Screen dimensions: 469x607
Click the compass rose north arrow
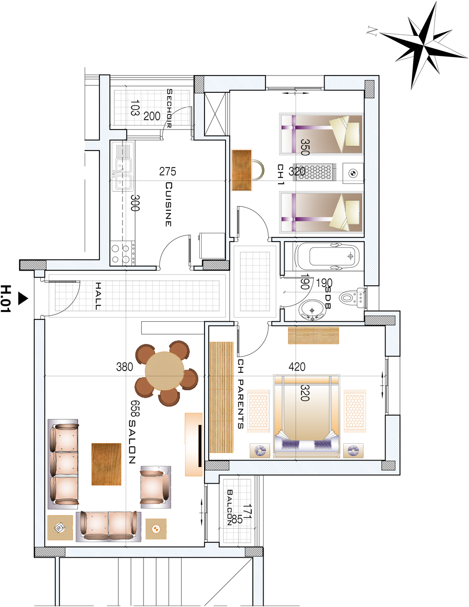tap(424, 45)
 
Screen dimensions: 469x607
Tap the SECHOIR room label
tap(169, 108)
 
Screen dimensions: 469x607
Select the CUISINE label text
tap(168, 204)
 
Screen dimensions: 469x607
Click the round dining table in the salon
tap(165, 371)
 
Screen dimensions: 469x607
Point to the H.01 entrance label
tap(6, 299)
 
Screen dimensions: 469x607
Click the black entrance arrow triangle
tap(23, 298)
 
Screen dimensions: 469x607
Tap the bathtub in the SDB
tap(326, 256)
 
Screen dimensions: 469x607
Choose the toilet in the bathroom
tap(353, 298)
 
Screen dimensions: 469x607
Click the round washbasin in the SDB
tap(312, 310)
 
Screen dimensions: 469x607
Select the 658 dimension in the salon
tap(135, 409)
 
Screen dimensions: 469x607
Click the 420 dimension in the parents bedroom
tap(297, 366)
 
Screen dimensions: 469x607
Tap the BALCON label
tap(229, 507)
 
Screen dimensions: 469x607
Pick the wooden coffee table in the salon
tap(106, 464)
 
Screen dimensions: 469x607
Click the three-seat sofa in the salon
tap(63, 464)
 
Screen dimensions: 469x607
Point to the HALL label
tap(98, 296)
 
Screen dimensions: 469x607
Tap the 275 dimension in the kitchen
tap(167, 172)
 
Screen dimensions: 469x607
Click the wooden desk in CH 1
tap(242, 170)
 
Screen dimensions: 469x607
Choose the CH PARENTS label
tap(240, 394)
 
